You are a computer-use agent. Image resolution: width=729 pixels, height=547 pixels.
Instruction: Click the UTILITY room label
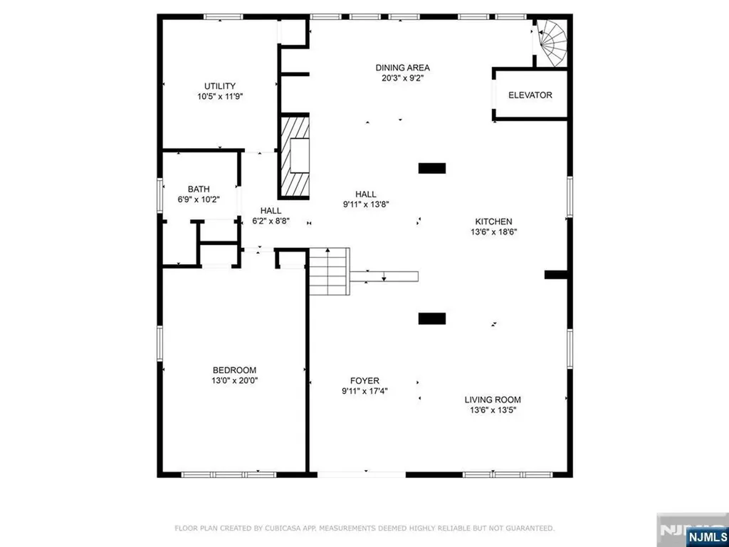[220, 86]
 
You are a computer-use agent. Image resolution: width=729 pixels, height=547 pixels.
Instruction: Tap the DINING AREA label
[403, 68]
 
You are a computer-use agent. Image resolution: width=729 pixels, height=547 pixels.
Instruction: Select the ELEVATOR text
[530, 95]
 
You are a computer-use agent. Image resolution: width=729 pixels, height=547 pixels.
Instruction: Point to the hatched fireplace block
[294, 157]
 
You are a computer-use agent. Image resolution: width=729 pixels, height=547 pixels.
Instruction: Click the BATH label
[199, 189]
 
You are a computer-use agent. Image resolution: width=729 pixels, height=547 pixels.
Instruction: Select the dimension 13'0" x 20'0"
[234, 380]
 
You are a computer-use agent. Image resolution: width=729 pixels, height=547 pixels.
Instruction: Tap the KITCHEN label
[493, 222]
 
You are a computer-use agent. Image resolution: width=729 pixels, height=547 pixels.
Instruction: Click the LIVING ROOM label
[493, 400]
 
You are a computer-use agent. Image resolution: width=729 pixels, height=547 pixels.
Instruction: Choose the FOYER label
[364, 380]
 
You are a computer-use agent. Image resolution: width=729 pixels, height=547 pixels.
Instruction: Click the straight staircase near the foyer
[330, 271]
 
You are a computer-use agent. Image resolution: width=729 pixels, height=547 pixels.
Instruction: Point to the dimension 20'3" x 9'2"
[403, 78]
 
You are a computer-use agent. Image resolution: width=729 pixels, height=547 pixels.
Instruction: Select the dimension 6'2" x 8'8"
[271, 221]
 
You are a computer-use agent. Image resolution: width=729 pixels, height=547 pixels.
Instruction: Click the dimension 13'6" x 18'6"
[493, 231]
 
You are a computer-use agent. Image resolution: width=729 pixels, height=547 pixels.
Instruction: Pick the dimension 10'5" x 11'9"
[220, 97]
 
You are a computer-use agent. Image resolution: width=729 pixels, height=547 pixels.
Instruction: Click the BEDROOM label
[234, 370]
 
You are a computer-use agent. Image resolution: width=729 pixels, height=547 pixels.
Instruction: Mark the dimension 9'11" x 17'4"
[364, 390]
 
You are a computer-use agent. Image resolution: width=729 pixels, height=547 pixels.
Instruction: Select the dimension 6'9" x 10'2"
[199, 199]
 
